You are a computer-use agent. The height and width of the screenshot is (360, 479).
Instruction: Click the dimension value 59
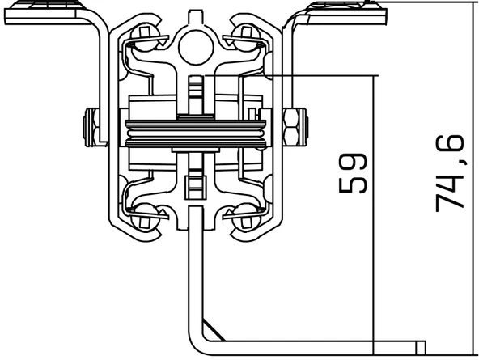[x=353, y=173]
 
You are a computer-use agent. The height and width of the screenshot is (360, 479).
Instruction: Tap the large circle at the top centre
[x=196, y=48]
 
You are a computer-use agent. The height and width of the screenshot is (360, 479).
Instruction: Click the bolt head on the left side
[x=91, y=127]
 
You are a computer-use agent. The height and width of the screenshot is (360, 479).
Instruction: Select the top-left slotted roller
[x=145, y=37]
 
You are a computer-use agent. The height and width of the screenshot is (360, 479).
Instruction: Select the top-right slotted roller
[x=247, y=37]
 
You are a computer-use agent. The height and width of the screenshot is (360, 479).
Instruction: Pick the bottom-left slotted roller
[x=145, y=217]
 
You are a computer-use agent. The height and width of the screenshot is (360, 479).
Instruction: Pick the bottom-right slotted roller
[x=247, y=217]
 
